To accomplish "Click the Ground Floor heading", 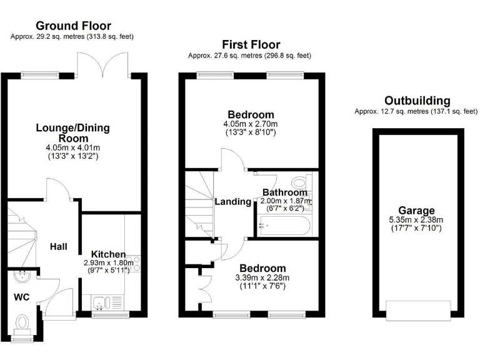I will tap(73, 26).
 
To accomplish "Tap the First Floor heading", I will tap(251, 44).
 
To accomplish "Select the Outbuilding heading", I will tap(417, 101).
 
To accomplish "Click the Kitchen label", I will tap(108, 254).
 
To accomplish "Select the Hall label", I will tap(59, 247).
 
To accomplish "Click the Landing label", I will tap(232, 202).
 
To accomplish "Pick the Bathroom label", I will tap(284, 192).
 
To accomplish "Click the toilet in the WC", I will tap(23, 323).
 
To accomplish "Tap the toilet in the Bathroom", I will tap(301, 182).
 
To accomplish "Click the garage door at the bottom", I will tap(418, 311).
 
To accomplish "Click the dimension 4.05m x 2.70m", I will tap(251, 124).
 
